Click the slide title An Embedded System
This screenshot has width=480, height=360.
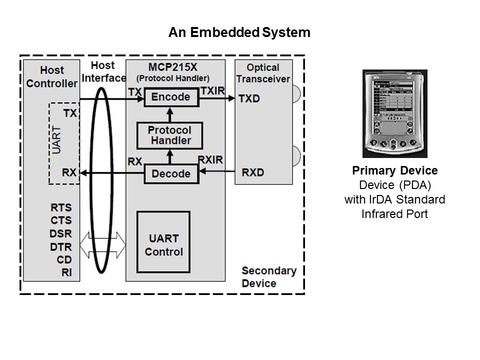(x=239, y=33)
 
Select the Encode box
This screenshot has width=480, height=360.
(x=171, y=97)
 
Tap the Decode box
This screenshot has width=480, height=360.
(x=171, y=173)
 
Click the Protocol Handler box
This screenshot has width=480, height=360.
(x=170, y=135)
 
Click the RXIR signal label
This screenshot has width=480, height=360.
(x=210, y=160)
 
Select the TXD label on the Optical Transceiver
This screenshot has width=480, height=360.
(x=249, y=98)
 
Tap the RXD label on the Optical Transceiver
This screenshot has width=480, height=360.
(x=252, y=172)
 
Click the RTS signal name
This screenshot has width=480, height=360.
(x=61, y=207)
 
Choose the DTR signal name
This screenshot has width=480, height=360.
(x=61, y=246)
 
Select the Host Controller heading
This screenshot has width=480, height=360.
(x=51, y=76)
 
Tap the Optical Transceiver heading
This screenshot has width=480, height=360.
(x=263, y=73)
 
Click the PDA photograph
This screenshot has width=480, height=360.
(x=394, y=114)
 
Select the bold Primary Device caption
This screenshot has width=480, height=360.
(x=394, y=171)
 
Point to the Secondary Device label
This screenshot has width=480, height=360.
(x=269, y=277)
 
